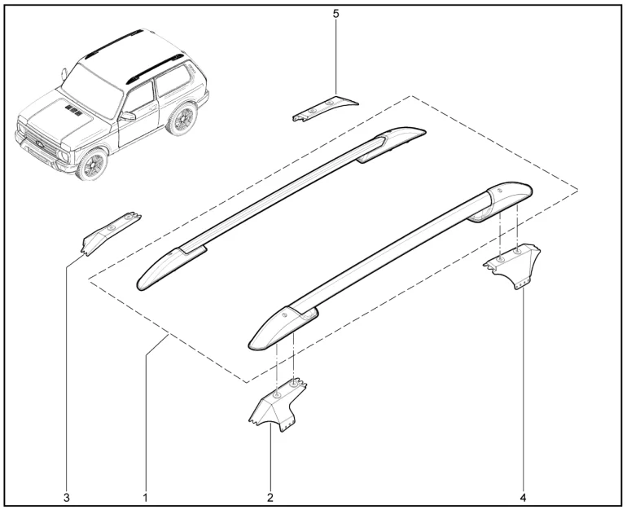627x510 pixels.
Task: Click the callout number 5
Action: click(x=335, y=14)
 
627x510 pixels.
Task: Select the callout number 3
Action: click(x=67, y=498)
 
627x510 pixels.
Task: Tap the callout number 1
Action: click(x=146, y=498)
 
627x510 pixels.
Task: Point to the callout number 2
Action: click(x=270, y=498)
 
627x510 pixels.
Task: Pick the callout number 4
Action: click(x=523, y=498)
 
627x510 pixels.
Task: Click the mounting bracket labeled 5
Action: click(x=325, y=108)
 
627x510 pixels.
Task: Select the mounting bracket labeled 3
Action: click(x=110, y=233)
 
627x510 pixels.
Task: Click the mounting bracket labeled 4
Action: click(x=514, y=263)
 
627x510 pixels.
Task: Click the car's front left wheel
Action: click(x=92, y=164)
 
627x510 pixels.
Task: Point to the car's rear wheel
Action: click(x=182, y=119)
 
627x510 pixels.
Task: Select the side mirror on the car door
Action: click(x=128, y=116)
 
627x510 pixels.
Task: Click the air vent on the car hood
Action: click(x=73, y=110)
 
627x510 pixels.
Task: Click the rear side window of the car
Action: click(x=173, y=81)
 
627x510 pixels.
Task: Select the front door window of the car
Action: click(x=138, y=98)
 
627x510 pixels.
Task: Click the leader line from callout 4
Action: click(x=523, y=390)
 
